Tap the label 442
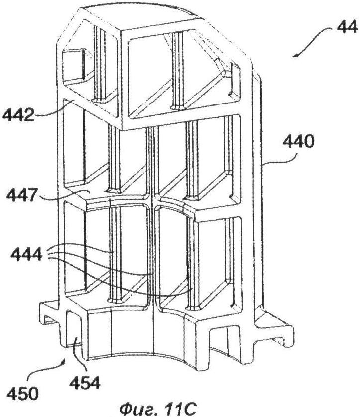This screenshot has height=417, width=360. click(x=18, y=115)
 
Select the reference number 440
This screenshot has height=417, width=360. click(x=298, y=141)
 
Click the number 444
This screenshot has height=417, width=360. click(x=26, y=254)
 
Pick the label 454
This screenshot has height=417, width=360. click(x=85, y=383)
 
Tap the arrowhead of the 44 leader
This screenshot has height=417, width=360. click(x=296, y=55)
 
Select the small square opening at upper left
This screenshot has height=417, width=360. click(x=73, y=65)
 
